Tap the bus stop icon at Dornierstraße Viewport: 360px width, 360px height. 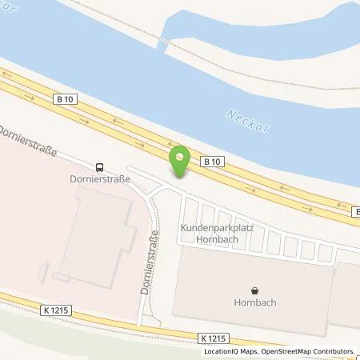99,167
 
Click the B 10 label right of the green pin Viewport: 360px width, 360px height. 213,162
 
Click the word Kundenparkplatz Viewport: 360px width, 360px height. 216,228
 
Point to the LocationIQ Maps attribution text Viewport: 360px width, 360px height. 230,351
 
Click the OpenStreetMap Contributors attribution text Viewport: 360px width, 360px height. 309,351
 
